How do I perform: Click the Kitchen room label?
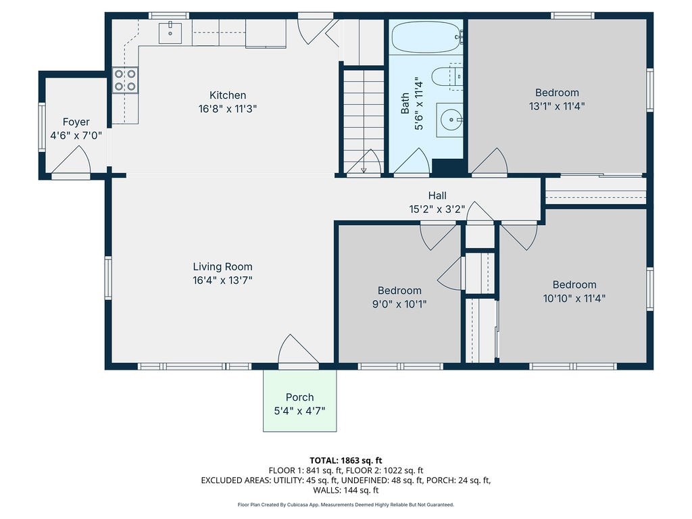pos(228,95)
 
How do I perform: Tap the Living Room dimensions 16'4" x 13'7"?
pos(222,280)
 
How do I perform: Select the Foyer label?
pos(76,122)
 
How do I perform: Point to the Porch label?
pos(299,397)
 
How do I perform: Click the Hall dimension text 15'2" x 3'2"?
pos(437,209)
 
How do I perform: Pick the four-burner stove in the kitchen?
pos(125,80)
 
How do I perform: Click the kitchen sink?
pos(170,32)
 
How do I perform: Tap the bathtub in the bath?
pos(426,38)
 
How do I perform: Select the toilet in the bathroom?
pos(447,77)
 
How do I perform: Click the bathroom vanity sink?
pos(449,120)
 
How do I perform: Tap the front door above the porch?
pos(298,351)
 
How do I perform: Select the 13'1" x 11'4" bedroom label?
pos(557,99)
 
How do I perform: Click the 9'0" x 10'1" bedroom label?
pos(399,297)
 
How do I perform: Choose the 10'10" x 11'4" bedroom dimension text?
pos(574,298)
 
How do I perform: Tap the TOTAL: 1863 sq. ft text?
pos(345,461)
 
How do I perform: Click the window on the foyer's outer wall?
pos(42,128)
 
